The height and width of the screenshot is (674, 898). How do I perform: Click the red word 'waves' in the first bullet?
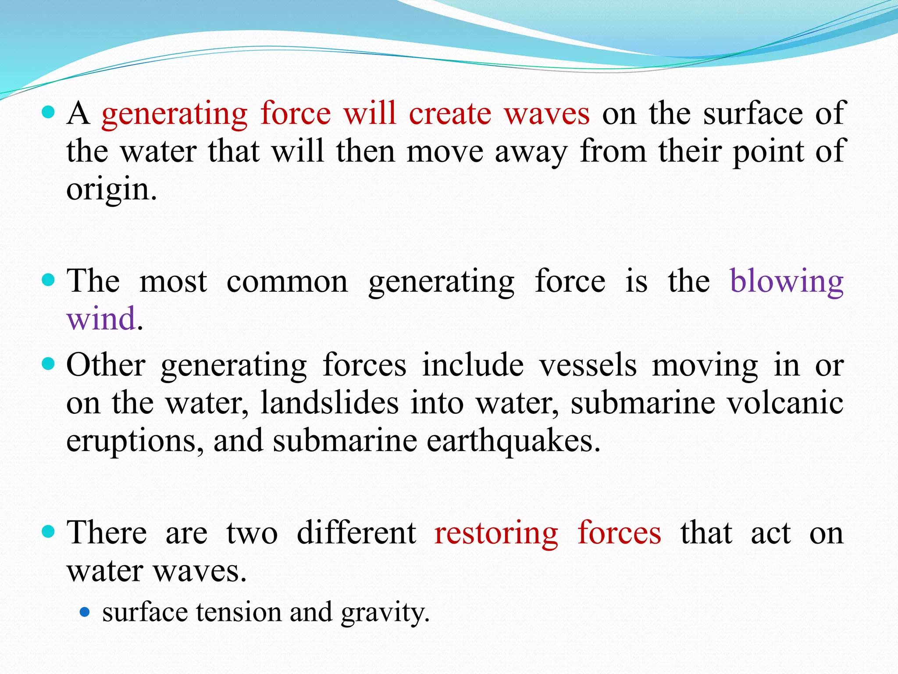[x=547, y=114]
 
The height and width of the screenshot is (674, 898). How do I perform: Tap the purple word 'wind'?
[x=101, y=319]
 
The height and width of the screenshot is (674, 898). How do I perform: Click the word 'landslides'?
[x=330, y=403]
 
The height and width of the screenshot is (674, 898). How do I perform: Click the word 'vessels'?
[x=588, y=365]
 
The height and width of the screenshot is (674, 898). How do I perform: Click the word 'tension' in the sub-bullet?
[x=239, y=612]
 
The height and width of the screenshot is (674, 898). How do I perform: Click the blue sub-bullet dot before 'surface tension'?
[x=85, y=612]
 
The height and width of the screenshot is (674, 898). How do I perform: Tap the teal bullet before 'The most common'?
[x=48, y=280]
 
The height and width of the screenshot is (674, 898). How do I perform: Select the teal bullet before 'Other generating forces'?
[x=48, y=363]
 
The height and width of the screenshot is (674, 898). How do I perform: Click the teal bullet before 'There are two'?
[x=48, y=532]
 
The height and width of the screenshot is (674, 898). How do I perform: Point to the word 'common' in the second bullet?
[x=287, y=282]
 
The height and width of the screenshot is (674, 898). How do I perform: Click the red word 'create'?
[x=450, y=114]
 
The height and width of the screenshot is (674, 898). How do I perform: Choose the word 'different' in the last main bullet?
[x=356, y=534]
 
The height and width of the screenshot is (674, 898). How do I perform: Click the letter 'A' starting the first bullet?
[x=78, y=114]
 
